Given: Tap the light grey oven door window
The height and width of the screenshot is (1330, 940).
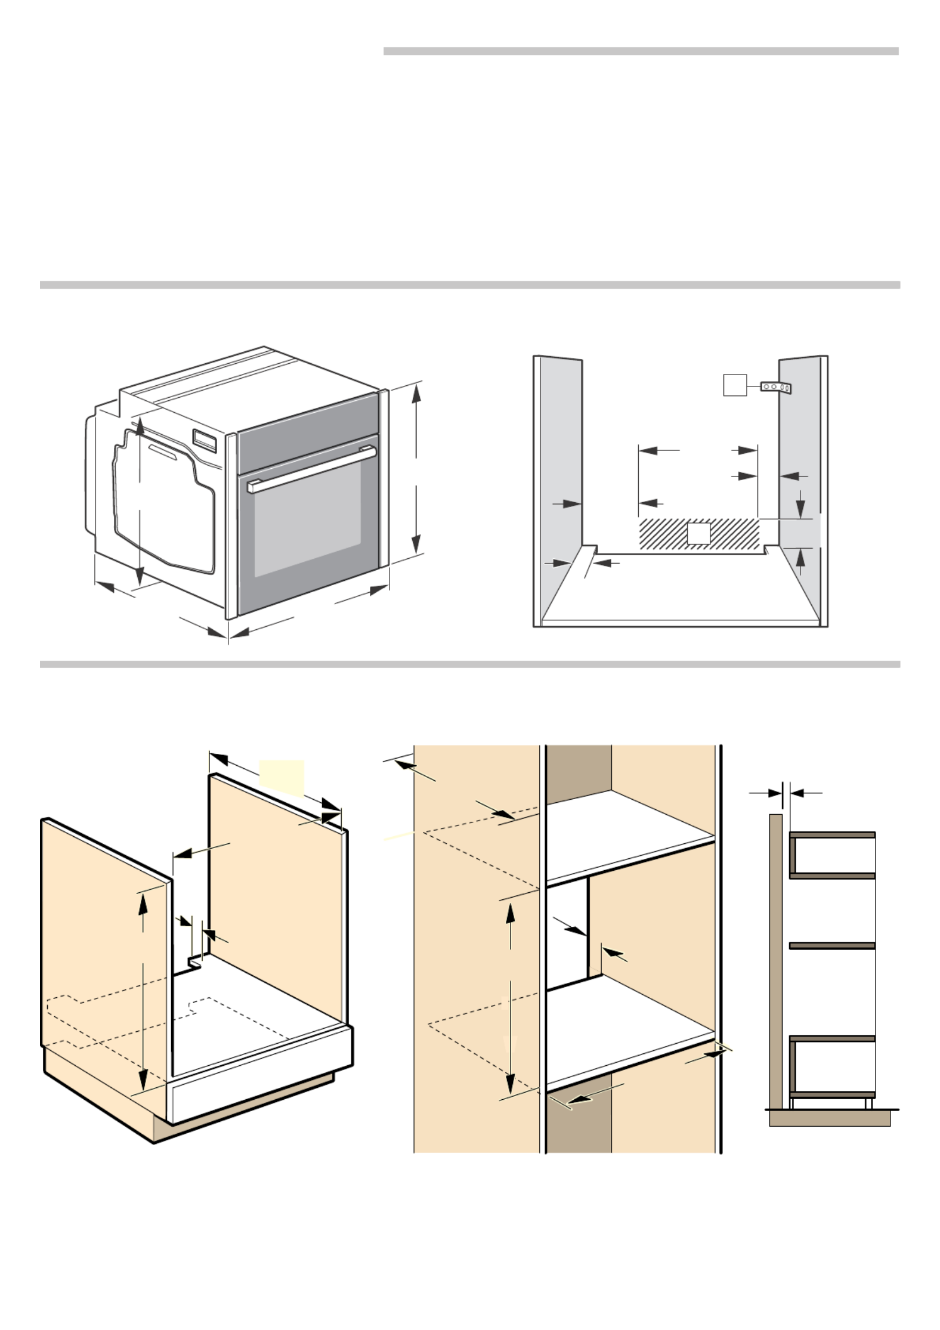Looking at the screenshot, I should click(307, 525).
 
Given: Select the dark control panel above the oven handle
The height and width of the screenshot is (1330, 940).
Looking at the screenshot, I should click(308, 432).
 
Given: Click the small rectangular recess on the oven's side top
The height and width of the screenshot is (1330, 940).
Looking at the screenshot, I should click(205, 439).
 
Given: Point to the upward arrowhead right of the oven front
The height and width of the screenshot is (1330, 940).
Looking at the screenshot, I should click(417, 395).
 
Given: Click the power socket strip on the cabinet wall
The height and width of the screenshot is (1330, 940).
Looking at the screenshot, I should click(775, 387).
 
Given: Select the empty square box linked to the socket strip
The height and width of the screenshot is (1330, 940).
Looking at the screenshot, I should click(735, 385).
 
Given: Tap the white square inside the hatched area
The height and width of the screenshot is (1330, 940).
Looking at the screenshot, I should click(698, 533).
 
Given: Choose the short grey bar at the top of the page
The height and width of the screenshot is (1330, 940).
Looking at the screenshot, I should click(641, 51).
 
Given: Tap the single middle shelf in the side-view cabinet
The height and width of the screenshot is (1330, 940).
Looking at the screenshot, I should click(832, 946).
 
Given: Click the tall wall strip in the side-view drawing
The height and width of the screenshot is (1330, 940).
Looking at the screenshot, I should click(775, 960).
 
